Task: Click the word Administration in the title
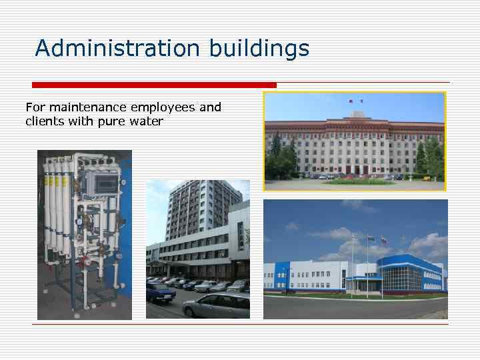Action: (x=117, y=48)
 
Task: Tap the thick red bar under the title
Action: (x=154, y=85)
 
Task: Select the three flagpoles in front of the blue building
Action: (x=367, y=260)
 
